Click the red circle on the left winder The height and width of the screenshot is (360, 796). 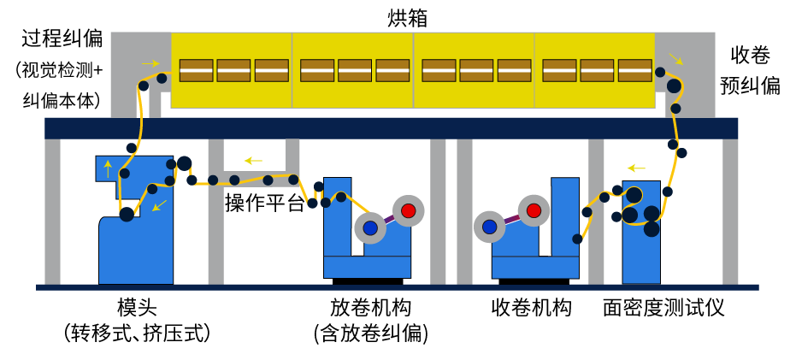coord(409,210)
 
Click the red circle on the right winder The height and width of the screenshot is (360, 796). coord(534,210)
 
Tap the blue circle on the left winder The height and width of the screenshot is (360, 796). coord(370,228)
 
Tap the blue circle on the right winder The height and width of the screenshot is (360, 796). coord(489,227)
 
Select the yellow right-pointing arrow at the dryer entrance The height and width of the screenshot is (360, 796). coord(150,63)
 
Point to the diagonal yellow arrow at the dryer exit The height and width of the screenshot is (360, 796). coord(675,59)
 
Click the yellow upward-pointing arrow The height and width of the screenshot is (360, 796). coord(108,168)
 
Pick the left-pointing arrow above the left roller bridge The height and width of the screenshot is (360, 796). coord(253,161)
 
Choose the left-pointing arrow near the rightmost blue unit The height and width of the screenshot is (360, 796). coord(636,168)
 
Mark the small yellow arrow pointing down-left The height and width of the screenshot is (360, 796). coord(160,205)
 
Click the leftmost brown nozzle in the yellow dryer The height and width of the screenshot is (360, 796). coord(196,70)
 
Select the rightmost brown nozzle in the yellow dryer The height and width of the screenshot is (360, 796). coord(634,70)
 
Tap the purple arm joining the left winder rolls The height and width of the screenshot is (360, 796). coord(389,220)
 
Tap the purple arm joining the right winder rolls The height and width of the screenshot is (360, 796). coord(511,219)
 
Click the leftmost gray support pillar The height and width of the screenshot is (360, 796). coord(52,211)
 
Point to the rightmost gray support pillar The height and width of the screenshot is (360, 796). coord(730,211)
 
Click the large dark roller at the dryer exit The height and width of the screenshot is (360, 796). coord(674,86)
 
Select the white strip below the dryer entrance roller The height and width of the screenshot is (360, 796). coord(144,103)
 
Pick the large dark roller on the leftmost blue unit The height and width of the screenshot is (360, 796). coord(127,215)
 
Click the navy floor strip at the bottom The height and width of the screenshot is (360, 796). coord(397,287)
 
